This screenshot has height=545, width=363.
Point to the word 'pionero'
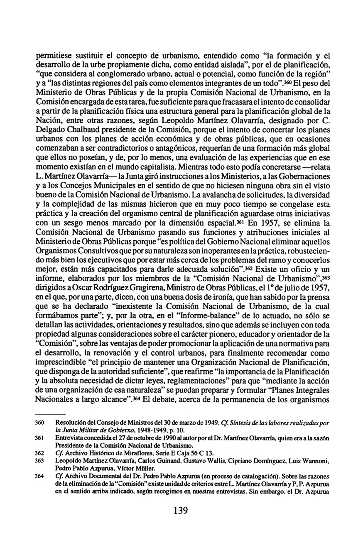(243, 345)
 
